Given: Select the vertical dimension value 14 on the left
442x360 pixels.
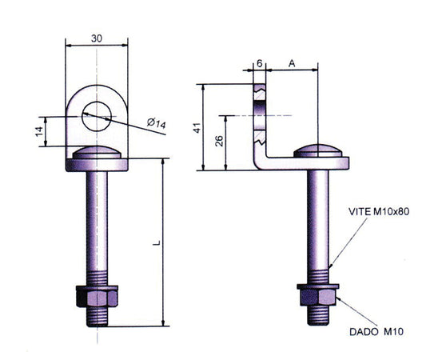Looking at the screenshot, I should [x=38, y=131].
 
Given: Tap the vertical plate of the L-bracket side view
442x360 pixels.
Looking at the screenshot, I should [x=259, y=120].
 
